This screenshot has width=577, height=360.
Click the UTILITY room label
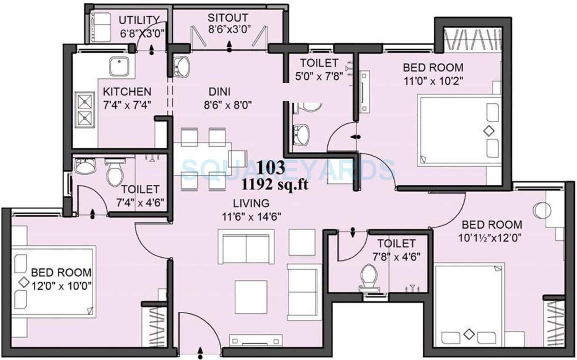[x=139, y=20]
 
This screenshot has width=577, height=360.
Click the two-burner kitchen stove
[x=85, y=109]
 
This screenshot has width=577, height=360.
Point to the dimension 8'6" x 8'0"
[x=228, y=105]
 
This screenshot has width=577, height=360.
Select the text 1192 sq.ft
[x=275, y=185]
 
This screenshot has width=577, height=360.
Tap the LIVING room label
[x=252, y=203]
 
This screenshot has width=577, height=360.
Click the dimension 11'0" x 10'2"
[x=433, y=80]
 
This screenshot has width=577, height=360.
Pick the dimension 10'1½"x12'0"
[x=490, y=237]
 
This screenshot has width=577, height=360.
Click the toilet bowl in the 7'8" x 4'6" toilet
[x=368, y=276]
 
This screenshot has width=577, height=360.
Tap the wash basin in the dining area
[x=181, y=67]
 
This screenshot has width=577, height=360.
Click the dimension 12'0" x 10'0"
[x=61, y=285]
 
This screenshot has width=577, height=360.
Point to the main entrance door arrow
[x=201, y=351]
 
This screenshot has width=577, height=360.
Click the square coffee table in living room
[x=251, y=297]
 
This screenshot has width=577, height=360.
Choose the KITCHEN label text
[x=127, y=91]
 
